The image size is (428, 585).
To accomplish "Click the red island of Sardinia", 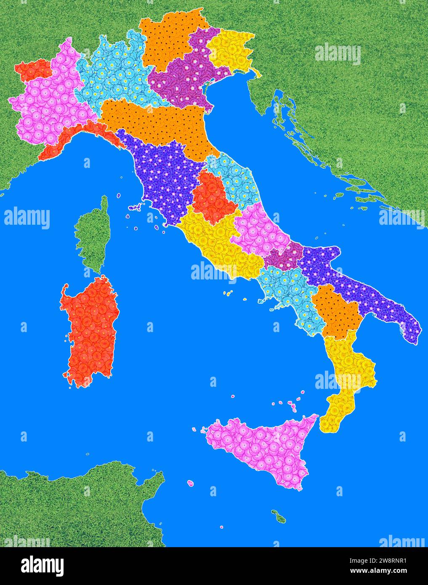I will [90, 332].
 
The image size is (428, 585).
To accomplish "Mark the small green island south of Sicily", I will [279, 516].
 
